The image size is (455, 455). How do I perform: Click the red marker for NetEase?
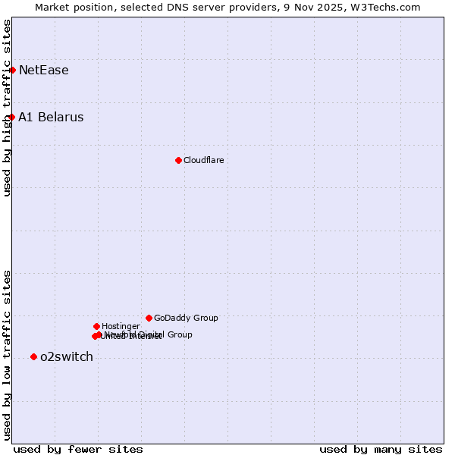tap(12, 70)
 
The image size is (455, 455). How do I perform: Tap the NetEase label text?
tap(43, 71)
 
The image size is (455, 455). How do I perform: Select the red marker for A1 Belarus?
tap(12, 117)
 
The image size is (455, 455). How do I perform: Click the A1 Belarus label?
tap(51, 118)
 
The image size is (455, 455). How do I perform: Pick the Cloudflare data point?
tap(178, 160)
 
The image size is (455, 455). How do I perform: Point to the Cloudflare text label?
tap(203, 161)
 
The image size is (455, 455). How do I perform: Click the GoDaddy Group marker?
tap(149, 318)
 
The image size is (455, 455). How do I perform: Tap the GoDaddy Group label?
tap(186, 318)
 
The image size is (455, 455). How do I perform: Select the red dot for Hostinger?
tap(96, 326)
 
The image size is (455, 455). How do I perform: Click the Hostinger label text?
tap(121, 327)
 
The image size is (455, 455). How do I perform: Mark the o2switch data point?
tap(33, 356)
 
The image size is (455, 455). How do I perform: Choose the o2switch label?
tap(66, 357)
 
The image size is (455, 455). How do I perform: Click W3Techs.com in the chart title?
tap(389, 8)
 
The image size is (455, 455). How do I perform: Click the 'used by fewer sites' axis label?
tap(78, 449)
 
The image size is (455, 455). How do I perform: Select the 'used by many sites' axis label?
tap(381, 449)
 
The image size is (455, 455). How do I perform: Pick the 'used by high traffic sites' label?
tap(8, 108)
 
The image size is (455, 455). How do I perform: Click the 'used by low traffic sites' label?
tap(8, 355)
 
